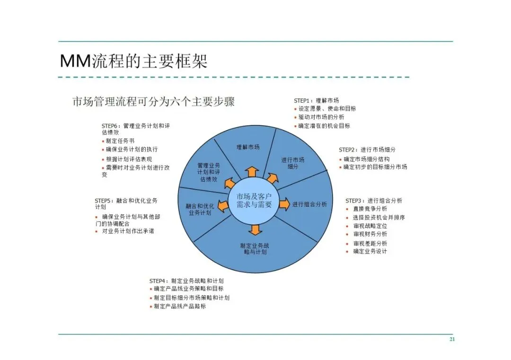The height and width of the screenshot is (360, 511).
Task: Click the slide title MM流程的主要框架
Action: (x=133, y=61)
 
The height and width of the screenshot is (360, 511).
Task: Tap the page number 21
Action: (x=452, y=340)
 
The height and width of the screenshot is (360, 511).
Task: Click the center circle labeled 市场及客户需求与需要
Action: (x=254, y=201)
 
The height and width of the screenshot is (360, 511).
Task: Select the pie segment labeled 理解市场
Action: (x=248, y=147)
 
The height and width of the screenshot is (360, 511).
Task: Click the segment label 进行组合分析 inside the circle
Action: (x=309, y=204)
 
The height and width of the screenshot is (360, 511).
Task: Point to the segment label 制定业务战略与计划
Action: (x=254, y=249)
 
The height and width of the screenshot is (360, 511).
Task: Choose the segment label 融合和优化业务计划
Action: (x=200, y=210)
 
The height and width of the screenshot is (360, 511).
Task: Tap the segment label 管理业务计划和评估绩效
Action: (x=209, y=172)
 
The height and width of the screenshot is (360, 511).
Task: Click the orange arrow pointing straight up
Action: (x=252, y=172)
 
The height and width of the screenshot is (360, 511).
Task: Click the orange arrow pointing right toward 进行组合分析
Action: (x=284, y=204)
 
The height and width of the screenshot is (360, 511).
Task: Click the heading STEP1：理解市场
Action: (x=316, y=101)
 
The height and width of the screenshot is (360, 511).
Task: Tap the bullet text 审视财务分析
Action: (x=370, y=234)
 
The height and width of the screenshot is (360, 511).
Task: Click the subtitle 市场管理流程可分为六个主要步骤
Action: (x=153, y=101)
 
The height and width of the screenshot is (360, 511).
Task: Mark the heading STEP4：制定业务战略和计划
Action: (x=186, y=281)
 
